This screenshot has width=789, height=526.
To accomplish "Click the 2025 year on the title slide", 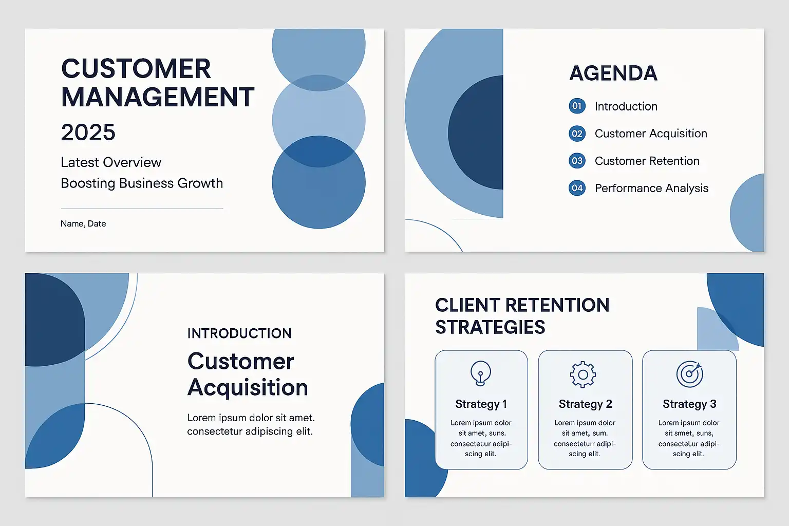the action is (88, 132).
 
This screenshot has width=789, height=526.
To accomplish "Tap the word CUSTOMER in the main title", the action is (136, 68).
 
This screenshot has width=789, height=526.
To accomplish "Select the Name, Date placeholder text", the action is (83, 224).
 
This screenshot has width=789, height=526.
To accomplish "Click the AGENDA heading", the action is (613, 73).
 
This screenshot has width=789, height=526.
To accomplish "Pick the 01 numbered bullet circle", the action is (577, 106).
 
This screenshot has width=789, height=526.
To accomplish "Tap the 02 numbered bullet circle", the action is (577, 134).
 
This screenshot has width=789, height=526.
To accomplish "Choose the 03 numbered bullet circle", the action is (577, 161).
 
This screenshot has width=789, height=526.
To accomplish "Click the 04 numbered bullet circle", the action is (577, 188).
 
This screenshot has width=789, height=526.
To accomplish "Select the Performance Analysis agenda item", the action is (652, 188).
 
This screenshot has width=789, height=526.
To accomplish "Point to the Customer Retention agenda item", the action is (647, 161).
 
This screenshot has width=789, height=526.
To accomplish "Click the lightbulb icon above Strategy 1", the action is (481, 373).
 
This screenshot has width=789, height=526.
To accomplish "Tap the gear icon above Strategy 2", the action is (583, 374).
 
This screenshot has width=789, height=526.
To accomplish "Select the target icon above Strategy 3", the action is (690, 374).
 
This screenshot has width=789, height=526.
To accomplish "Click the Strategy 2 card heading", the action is (586, 404).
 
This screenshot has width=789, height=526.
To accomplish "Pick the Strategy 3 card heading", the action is (689, 404).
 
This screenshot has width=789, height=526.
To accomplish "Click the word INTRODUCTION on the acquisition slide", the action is (239, 333).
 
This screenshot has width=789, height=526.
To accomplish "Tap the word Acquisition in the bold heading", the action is (248, 387).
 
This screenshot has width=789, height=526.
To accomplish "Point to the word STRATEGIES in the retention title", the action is (490, 327).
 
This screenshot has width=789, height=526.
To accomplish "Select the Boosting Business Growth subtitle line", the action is (142, 183).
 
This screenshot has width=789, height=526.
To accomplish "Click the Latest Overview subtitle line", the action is (111, 162).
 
